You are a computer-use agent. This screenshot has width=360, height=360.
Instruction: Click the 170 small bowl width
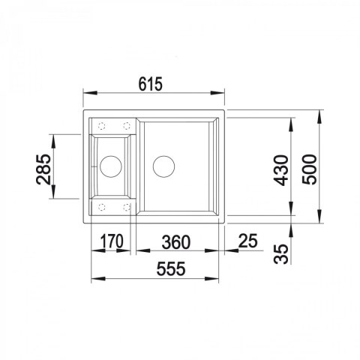(111, 241)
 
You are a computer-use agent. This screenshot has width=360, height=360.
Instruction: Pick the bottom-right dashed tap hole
(126, 204)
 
